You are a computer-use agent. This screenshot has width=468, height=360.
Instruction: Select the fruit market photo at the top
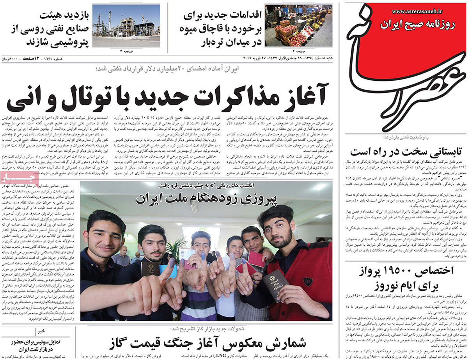(x=298, y=25)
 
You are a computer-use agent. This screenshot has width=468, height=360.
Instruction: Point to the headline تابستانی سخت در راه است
(x=406, y=151)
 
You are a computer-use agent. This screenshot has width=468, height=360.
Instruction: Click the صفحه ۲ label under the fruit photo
(x=298, y=51)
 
